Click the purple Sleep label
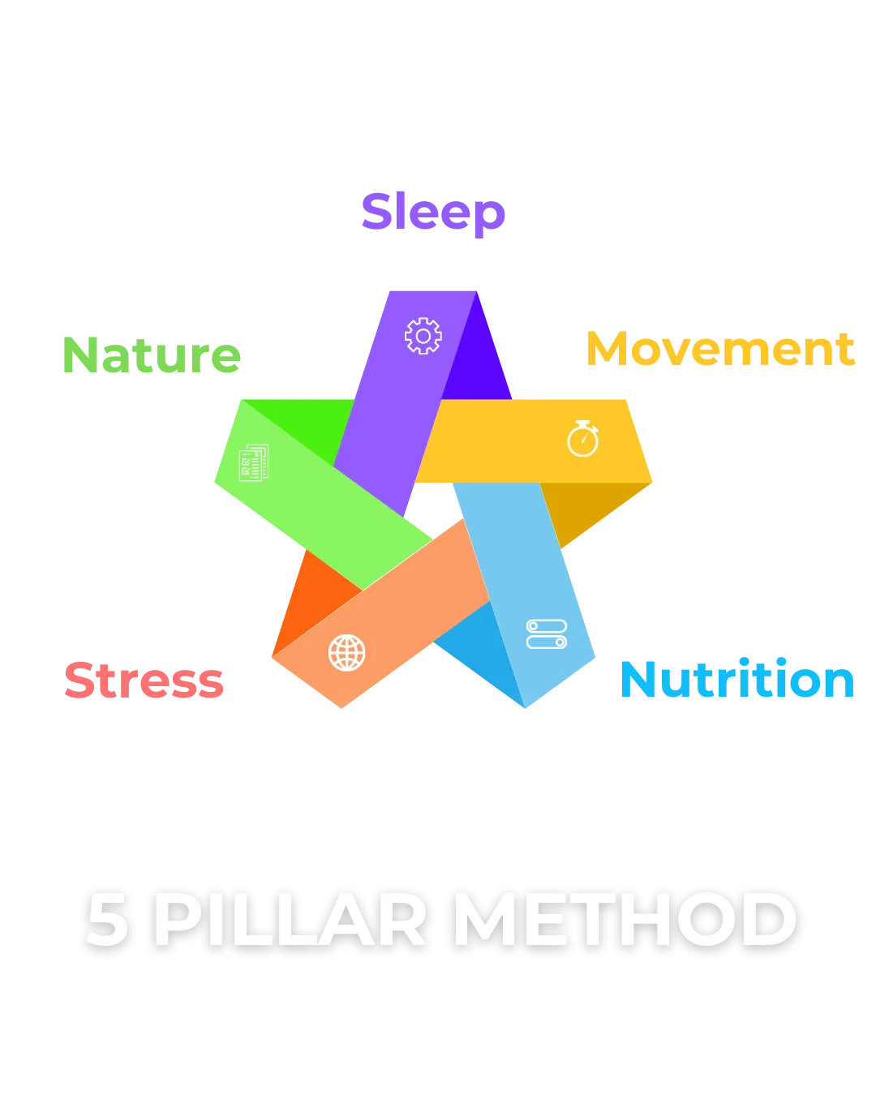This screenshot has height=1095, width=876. point(432,213)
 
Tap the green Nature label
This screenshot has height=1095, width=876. point(152,354)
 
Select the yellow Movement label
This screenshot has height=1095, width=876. point(719,350)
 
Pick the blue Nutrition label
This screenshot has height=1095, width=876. point(736,680)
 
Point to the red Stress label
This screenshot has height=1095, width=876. point(144,680)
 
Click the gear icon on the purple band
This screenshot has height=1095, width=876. point(423,336)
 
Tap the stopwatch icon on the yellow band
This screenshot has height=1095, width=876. point(582,439)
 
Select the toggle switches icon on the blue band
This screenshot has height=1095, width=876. point(547,634)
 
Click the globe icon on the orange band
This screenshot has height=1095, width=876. point(346,652)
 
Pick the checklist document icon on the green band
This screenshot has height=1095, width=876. point(253,463)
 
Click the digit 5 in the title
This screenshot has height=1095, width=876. point(108,921)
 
